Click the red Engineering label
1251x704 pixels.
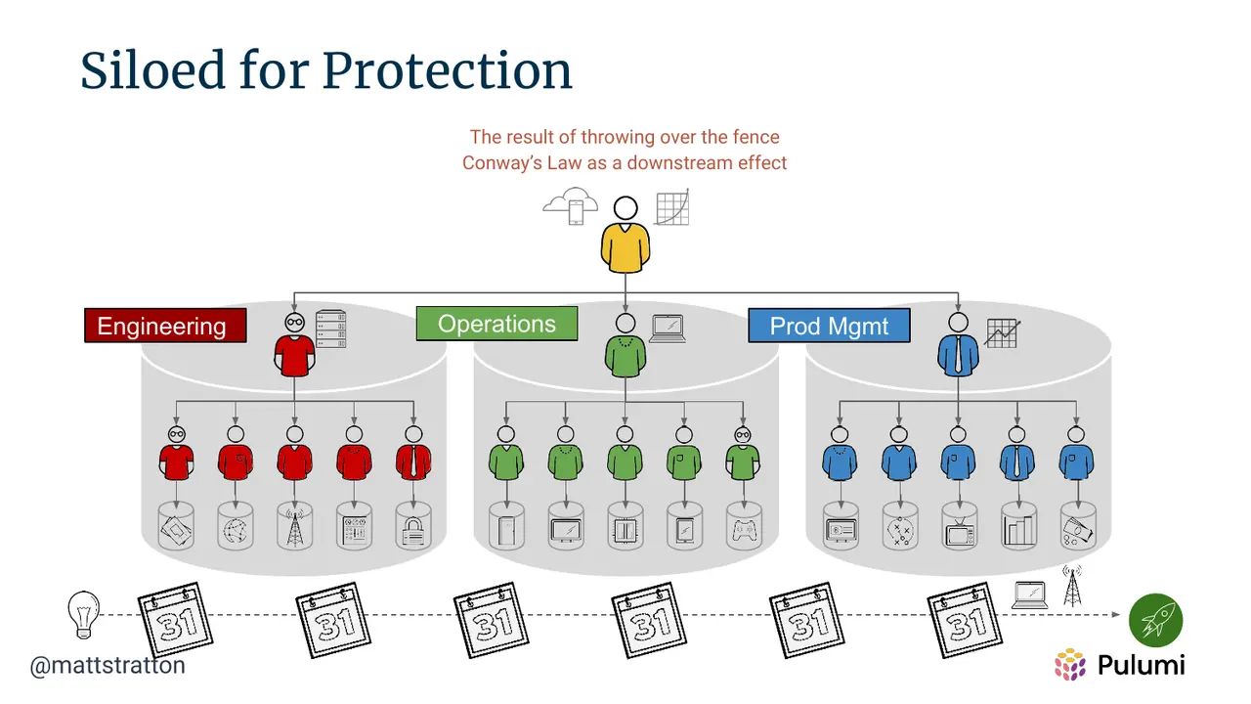165,326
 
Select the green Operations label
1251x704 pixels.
496,324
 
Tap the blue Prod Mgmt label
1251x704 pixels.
829,326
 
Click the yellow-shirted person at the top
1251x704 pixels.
625,235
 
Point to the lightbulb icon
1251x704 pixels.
84,615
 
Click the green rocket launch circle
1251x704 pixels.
1155,620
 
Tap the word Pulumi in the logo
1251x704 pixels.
1141,665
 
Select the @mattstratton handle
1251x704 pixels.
108,666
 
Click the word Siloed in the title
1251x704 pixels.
152,70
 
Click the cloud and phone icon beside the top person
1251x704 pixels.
571,206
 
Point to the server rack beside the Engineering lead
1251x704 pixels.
330,329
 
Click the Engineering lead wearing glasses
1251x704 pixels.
294,345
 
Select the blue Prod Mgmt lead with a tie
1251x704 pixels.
959,344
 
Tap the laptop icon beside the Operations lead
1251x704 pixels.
668,329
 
